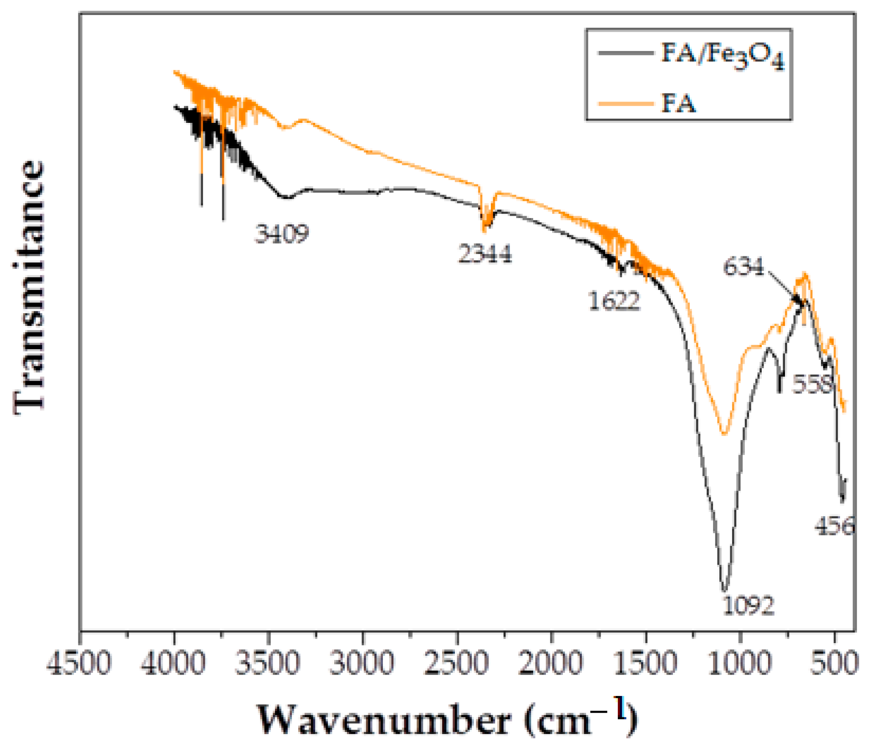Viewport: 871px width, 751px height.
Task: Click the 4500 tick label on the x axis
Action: (79, 663)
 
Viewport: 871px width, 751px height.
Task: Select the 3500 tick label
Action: (268, 663)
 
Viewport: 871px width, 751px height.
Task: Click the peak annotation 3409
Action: (282, 234)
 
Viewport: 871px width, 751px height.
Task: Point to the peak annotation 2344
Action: (485, 254)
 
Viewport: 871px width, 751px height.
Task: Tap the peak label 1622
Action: (614, 301)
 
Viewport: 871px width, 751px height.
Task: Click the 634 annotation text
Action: (744, 266)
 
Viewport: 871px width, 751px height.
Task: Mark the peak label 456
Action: (835, 526)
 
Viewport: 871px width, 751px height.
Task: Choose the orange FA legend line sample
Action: (626, 104)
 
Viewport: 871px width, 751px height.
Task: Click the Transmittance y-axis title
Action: (29, 287)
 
